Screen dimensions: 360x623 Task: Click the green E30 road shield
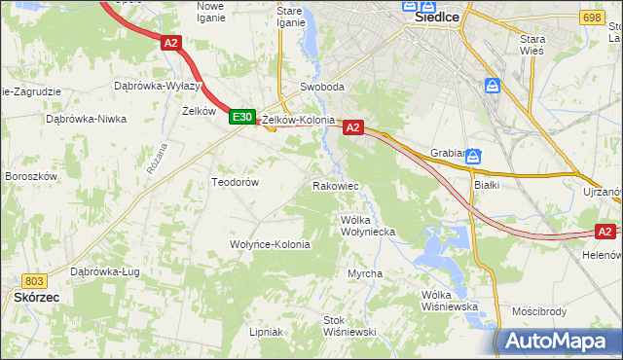click(x=242, y=117)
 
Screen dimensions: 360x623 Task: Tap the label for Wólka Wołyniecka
click(x=367, y=226)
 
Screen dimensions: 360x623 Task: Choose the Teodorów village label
click(x=235, y=182)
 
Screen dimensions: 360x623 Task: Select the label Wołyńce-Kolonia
click(x=270, y=244)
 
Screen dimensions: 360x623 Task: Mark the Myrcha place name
click(x=365, y=273)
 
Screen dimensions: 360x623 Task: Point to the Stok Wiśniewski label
click(x=349, y=326)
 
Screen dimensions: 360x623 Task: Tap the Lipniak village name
click(x=265, y=332)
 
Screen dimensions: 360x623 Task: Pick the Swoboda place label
click(x=322, y=87)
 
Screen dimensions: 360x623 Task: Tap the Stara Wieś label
click(x=532, y=45)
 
